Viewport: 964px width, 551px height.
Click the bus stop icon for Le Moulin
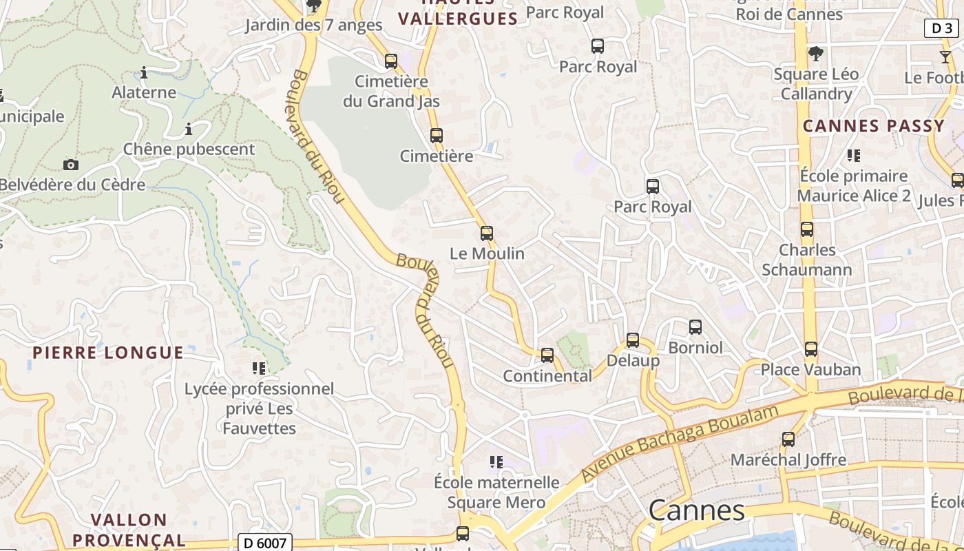[x=487, y=233]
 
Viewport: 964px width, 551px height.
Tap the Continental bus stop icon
[x=547, y=355]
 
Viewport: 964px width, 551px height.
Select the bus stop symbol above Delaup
[x=633, y=340]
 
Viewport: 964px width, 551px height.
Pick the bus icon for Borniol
[x=695, y=326]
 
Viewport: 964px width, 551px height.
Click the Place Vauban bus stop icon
[x=811, y=349]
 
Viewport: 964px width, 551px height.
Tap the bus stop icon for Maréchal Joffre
[x=788, y=439]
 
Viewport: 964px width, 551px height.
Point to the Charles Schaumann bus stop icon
[x=807, y=229]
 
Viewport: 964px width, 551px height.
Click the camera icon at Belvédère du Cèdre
[x=70, y=165]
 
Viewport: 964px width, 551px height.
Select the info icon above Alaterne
[x=144, y=72]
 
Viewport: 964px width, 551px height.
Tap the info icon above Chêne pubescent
[x=189, y=129]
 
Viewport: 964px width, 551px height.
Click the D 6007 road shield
[x=265, y=543]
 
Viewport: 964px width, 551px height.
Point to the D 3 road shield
[x=941, y=28]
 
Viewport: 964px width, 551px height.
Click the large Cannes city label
[x=697, y=510]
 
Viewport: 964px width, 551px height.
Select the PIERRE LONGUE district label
[x=108, y=353]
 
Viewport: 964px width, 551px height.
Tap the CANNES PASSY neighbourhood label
[x=874, y=126]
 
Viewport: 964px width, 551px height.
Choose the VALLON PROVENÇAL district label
[x=129, y=530]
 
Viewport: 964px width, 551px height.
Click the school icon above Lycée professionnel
[x=259, y=368]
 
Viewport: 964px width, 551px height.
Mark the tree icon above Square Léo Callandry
[x=816, y=53]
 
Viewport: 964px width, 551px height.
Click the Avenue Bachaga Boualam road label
[x=680, y=442]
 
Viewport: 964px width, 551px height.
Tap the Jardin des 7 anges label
[x=314, y=25]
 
